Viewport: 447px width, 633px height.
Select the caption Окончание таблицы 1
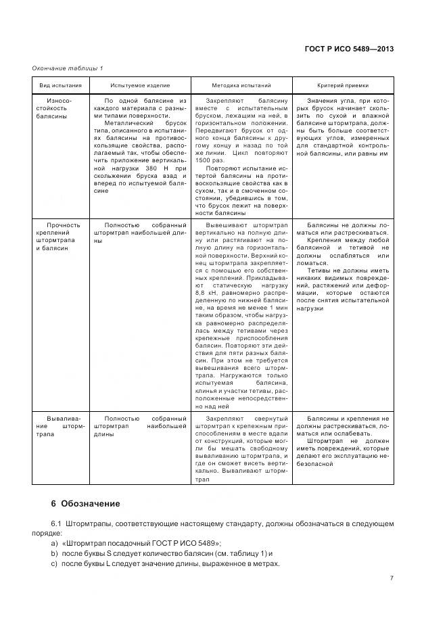coord(67,68)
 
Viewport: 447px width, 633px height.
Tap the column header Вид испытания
coord(60,86)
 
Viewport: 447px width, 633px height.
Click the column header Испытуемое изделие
coord(141,86)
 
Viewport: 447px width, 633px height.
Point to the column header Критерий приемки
coord(343,86)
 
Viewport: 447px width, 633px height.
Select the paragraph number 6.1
coord(56,524)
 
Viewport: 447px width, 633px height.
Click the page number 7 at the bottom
coord(392,578)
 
